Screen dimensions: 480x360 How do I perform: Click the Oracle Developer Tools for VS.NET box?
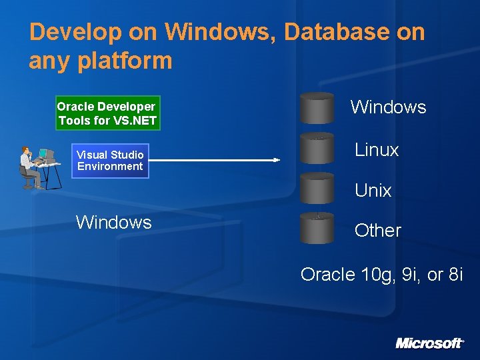107,113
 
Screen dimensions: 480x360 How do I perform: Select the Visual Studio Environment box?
110,161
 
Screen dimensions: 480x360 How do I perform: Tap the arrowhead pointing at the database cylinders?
276,159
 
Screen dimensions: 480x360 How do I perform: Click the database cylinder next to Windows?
317,108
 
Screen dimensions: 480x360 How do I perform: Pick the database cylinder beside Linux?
317,148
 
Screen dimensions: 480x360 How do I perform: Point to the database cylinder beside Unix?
317,188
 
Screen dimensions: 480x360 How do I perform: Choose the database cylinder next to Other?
317,228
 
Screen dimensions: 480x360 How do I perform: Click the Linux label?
377,150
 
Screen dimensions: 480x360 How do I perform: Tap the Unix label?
373,191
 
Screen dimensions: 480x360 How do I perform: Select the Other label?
378,231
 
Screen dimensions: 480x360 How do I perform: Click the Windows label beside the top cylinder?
388,107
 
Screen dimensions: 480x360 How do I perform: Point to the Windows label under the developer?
114,222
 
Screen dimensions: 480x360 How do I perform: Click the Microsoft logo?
429,343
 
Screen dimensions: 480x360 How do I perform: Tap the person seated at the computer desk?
28,167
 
